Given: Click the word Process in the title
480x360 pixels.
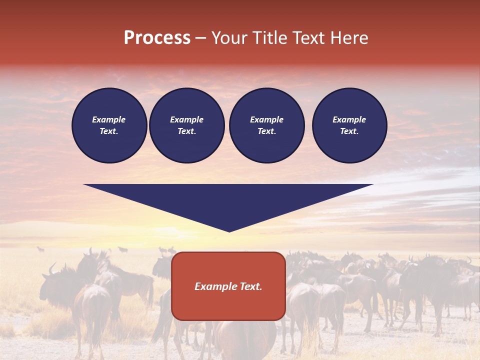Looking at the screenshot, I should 157,37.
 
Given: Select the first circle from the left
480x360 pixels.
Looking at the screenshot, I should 109,125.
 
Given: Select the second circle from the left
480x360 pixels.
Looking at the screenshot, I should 187,125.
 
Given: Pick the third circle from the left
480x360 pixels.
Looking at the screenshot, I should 267,125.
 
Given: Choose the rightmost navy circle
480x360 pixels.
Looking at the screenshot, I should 349,125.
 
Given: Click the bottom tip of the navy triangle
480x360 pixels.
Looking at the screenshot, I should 229,230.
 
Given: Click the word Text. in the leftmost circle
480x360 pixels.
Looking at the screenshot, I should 109,131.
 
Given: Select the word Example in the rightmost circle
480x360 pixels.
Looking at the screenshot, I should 349,119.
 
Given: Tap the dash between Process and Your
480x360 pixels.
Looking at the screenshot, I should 200,38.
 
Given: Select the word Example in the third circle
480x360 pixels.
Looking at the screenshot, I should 267,119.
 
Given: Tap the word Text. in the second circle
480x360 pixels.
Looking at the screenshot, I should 187,131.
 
